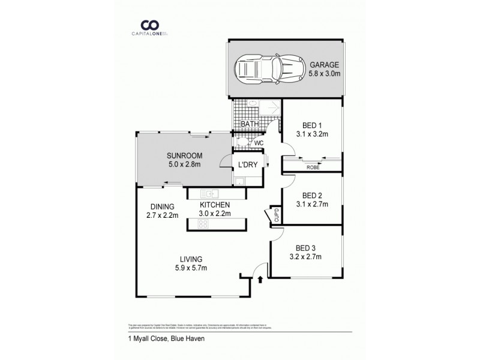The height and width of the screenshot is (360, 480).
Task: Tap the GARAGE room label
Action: tap(324, 65)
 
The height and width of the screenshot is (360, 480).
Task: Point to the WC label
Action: tap(259, 143)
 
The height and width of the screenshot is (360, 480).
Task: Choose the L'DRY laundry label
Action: tap(248, 166)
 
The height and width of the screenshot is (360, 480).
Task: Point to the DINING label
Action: tap(162, 206)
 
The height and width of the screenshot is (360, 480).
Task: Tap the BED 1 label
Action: tap(312, 125)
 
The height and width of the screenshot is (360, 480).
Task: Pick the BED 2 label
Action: tap(312, 195)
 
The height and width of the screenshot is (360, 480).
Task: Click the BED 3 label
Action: tap(305, 248)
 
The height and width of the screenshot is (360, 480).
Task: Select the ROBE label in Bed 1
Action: tap(313, 167)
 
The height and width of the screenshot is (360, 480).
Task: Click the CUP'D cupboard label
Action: tap(276, 215)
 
